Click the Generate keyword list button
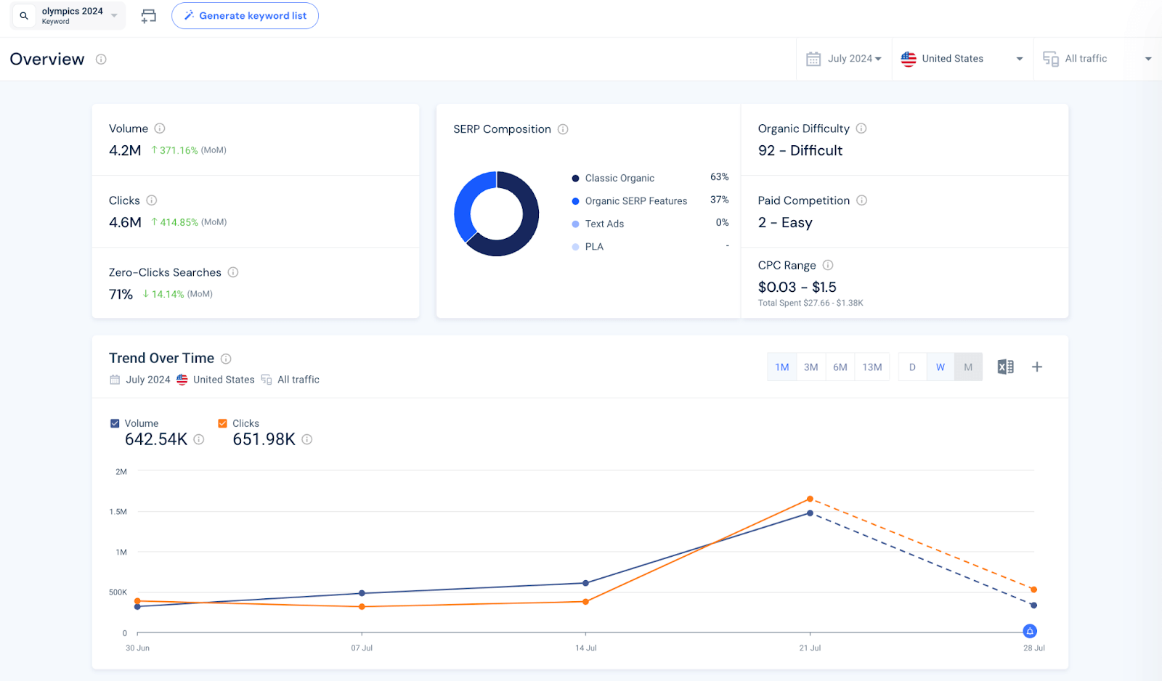click(245, 15)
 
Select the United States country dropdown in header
click(961, 59)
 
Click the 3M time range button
click(810, 367)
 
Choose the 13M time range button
click(871, 367)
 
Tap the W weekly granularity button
click(940, 367)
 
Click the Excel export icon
click(1005, 367)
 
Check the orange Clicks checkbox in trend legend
click(222, 423)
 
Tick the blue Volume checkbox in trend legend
click(115, 423)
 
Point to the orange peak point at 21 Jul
click(810, 499)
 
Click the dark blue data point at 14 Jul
click(586, 583)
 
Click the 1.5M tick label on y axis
click(118, 512)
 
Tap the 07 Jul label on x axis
click(362, 648)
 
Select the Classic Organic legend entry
click(619, 178)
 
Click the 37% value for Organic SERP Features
click(719, 200)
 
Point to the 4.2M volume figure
click(125, 150)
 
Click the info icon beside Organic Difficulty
click(861, 129)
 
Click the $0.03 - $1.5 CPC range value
click(797, 287)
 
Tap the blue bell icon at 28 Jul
click(1030, 631)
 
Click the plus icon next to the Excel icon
click(1037, 367)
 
